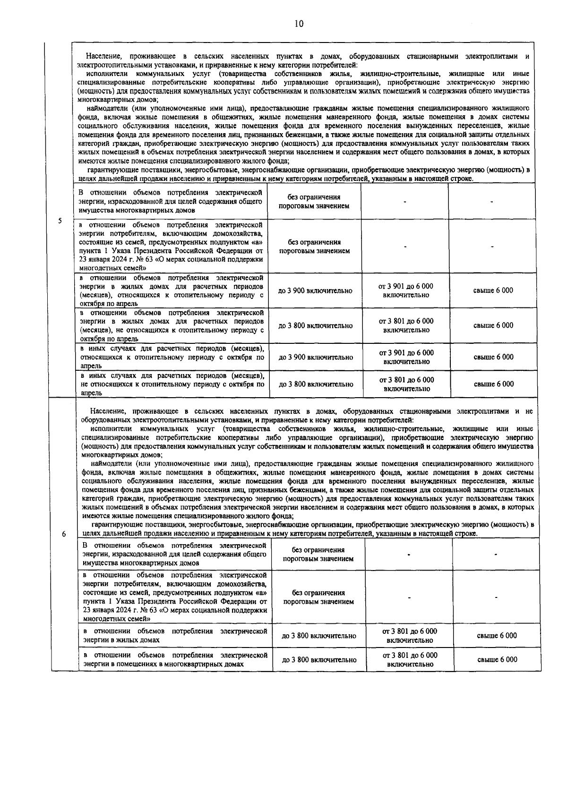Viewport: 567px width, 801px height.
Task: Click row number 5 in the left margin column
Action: tap(60, 221)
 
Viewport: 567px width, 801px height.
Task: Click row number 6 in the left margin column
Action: tap(64, 534)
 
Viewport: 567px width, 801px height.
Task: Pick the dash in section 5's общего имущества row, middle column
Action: tap(405, 202)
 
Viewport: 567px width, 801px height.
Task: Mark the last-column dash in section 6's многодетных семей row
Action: tap(496, 597)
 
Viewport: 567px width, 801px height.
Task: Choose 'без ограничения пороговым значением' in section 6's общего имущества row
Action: tap(318, 554)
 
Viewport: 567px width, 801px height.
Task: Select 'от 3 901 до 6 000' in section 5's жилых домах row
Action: tap(406, 286)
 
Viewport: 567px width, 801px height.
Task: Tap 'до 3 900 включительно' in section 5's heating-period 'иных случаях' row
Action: tap(316, 358)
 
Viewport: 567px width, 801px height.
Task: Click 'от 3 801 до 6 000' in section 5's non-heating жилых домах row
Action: tap(406, 321)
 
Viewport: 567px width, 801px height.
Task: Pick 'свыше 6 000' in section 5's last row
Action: tap(494, 384)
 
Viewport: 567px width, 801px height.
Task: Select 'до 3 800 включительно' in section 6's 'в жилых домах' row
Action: tap(319, 636)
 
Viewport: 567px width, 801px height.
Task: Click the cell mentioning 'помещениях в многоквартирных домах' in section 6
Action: tap(175, 660)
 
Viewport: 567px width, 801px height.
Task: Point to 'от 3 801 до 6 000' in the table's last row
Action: tap(410, 656)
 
